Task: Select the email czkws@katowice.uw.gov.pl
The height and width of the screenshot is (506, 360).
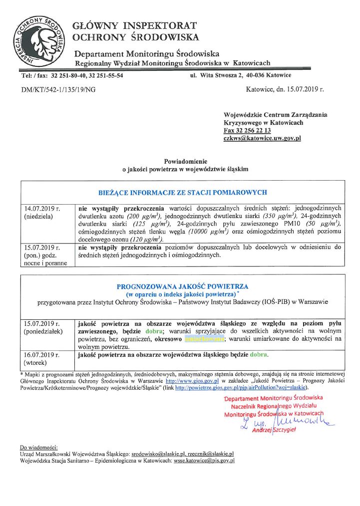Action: click(262, 138)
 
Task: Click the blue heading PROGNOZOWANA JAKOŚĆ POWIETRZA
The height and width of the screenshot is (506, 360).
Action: click(182, 287)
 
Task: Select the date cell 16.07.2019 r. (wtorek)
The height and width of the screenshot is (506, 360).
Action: click(42, 358)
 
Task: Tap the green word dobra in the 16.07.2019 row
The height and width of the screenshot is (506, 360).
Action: click(259, 355)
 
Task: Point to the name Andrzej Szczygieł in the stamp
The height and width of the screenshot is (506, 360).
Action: click(274, 430)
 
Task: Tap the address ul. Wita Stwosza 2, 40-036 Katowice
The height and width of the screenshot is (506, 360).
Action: click(241, 75)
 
